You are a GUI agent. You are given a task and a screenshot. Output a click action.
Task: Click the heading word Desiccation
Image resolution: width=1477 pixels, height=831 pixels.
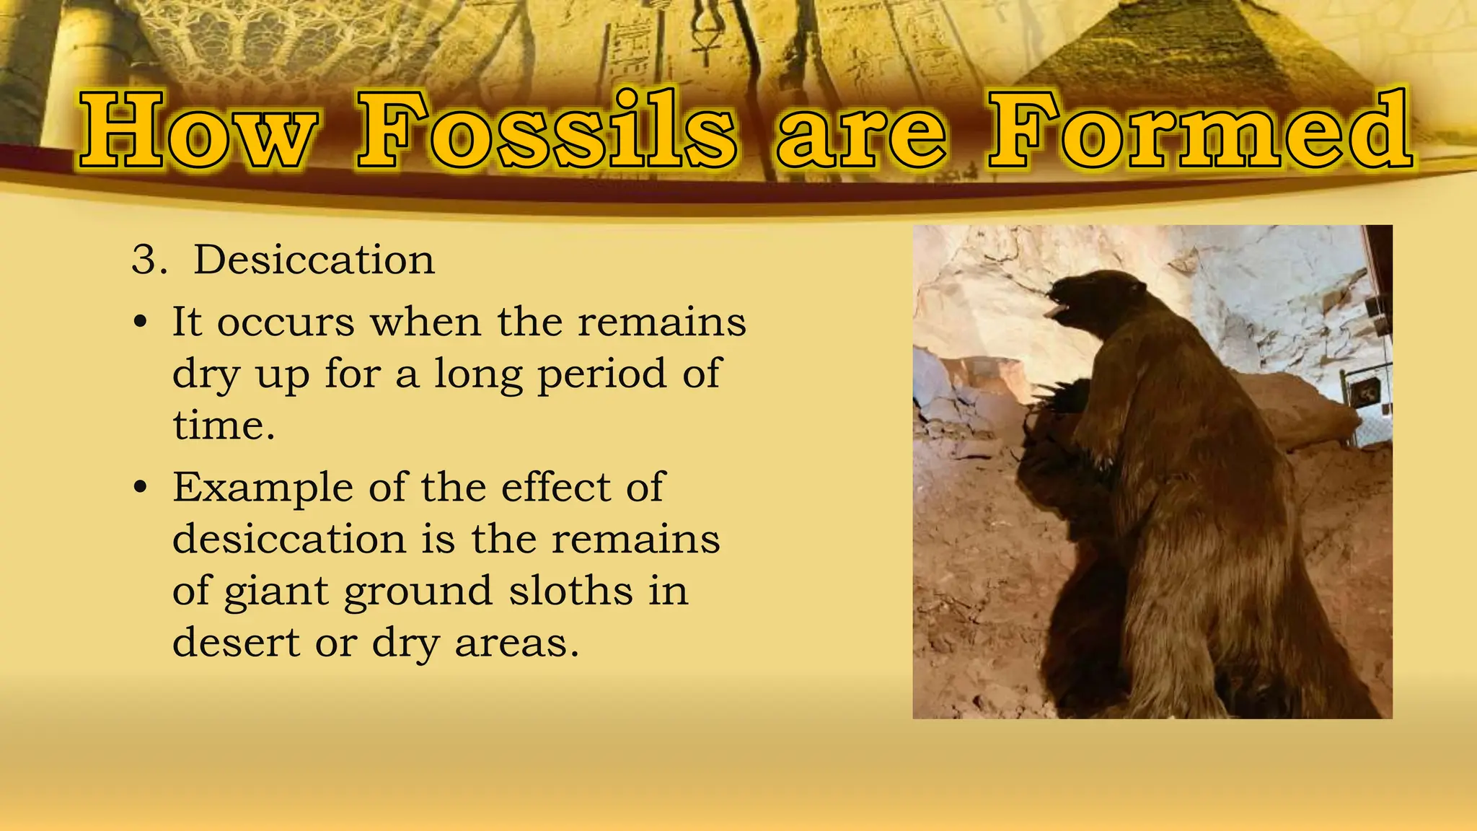[314, 260]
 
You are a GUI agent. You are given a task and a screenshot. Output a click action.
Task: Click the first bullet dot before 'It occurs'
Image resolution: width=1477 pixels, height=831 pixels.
[141, 322]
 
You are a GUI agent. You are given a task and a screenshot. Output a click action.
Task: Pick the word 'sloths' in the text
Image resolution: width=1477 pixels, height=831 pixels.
[570, 591]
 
